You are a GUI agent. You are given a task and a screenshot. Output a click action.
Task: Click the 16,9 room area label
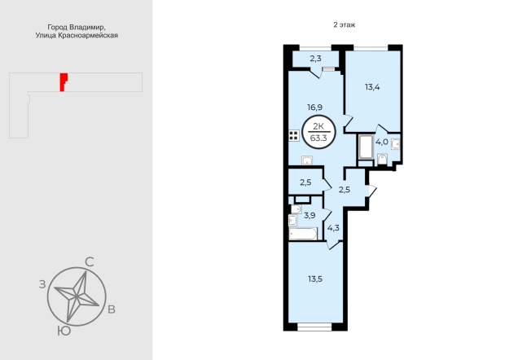click(314, 108)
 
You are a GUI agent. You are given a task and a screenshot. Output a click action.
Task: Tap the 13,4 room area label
click(372, 87)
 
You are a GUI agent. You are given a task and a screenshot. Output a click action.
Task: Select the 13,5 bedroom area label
click(315, 279)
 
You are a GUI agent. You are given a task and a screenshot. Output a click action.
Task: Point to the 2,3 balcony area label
click(315, 59)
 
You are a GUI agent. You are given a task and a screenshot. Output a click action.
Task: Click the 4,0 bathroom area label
click(382, 142)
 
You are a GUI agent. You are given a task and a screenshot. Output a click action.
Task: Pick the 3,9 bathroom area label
click(309, 215)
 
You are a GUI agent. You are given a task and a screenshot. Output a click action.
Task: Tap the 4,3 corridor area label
click(333, 228)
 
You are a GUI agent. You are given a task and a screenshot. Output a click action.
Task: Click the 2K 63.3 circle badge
click(318, 132)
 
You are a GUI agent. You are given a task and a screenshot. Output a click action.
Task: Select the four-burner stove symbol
click(294, 135)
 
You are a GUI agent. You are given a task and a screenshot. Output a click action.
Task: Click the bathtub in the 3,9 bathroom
click(303, 234)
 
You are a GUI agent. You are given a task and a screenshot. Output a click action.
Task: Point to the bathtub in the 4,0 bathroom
click(366, 147)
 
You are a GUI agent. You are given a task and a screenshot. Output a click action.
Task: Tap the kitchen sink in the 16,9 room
click(307, 160)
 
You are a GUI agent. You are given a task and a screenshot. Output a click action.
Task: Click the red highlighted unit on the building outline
click(64, 82)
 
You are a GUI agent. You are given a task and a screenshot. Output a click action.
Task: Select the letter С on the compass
click(89, 261)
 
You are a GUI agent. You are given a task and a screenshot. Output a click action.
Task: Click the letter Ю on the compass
click(64, 331)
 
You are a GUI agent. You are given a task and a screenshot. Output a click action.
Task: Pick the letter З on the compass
click(42, 284)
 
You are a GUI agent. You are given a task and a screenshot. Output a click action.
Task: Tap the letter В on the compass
click(112, 310)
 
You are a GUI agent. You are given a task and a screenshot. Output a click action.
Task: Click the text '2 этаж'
click(344, 24)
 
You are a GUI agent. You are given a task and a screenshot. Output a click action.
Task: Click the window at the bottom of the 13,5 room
click(314, 327)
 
